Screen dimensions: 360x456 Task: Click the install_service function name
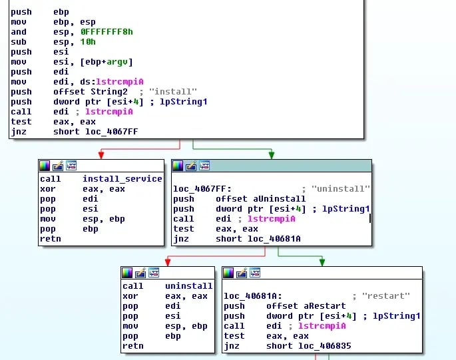coord(122,179)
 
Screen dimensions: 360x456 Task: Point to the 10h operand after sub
coord(88,41)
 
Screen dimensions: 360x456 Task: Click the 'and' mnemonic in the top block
coord(19,31)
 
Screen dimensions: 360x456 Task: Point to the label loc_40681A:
coord(252,296)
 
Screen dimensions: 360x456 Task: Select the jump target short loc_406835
coord(308,346)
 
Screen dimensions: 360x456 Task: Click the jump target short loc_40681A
coord(258,239)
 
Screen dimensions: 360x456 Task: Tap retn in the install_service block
coord(50,239)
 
